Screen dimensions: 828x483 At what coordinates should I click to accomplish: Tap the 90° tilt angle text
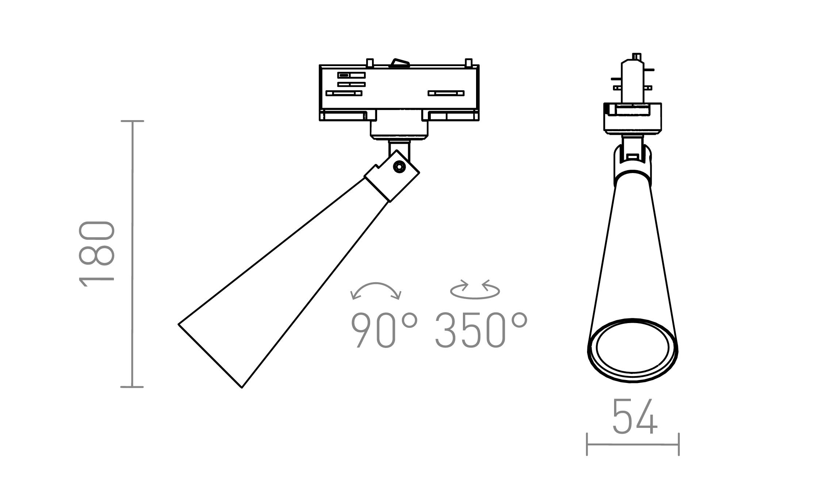[384, 330]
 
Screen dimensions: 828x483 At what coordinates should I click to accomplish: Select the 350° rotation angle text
[481, 330]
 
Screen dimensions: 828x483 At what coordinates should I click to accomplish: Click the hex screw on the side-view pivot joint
[400, 167]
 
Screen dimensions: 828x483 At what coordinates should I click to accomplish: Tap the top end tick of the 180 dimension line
[132, 121]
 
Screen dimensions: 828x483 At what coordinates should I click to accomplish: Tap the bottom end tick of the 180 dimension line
[132, 387]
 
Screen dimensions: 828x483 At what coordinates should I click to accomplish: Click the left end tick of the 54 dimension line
[587, 444]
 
